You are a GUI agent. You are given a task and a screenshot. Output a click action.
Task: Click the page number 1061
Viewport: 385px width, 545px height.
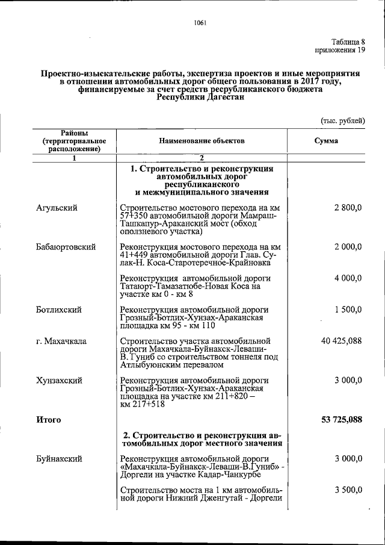[x=200, y=23]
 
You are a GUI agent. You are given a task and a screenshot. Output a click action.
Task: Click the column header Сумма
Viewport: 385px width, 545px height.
[x=326, y=140]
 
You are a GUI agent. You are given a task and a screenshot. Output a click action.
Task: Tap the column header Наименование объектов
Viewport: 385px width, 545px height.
[x=202, y=140]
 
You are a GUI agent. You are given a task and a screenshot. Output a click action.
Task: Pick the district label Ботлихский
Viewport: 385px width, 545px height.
[x=58, y=310]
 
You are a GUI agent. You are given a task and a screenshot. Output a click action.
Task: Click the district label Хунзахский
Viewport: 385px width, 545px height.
[x=59, y=381]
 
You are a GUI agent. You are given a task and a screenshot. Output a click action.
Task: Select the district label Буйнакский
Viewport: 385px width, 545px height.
[x=59, y=459]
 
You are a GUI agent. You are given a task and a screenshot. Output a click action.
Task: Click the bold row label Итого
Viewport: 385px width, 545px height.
[x=48, y=420]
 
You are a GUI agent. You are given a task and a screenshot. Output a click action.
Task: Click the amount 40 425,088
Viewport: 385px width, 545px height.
[x=341, y=341]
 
